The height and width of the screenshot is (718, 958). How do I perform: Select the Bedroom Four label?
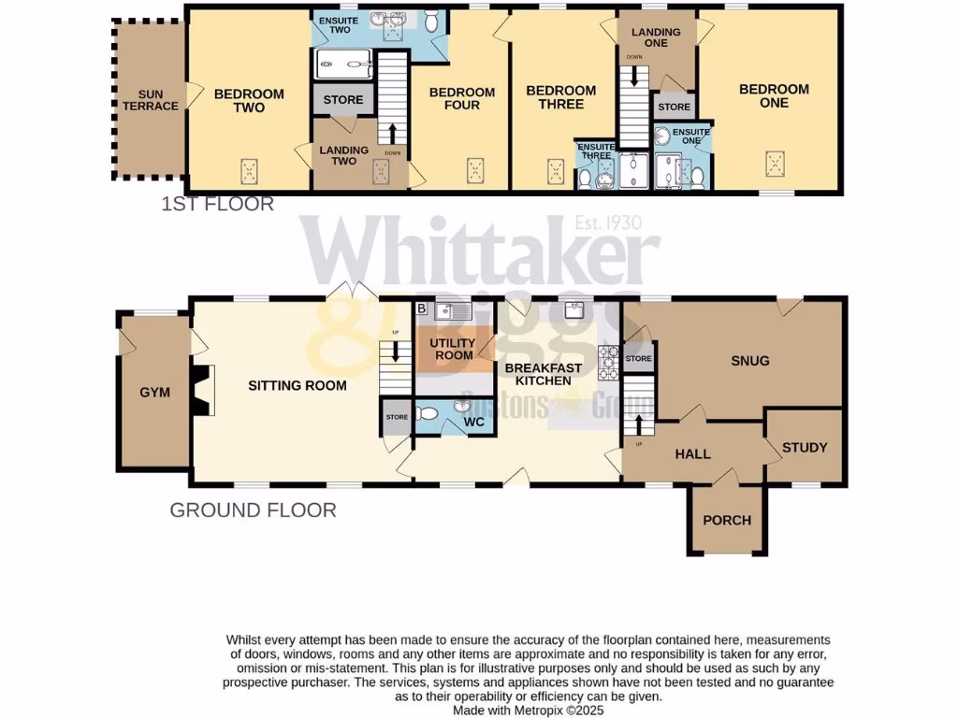click(461, 98)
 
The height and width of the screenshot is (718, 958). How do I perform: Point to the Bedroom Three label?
click(561, 97)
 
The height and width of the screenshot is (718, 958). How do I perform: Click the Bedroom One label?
click(774, 95)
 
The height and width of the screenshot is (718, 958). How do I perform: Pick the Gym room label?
click(154, 393)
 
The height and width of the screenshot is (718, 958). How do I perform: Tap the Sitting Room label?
click(298, 385)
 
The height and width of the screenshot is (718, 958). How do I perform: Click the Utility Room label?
click(452, 349)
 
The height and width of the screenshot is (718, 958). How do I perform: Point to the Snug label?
click(750, 361)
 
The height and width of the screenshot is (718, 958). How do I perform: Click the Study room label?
click(805, 448)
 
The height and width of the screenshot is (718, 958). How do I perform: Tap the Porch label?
click(727, 520)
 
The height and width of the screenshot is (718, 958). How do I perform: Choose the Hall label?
click(693, 454)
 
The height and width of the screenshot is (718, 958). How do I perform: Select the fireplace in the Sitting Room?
click(203, 390)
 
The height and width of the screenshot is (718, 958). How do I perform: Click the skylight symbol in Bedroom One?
click(775, 163)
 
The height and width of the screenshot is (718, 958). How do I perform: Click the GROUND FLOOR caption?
click(253, 510)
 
